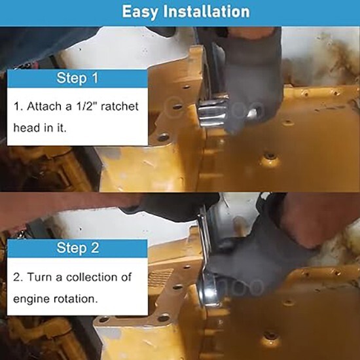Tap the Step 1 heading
tap(77, 79)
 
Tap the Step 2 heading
tap(77, 248)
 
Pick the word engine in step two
tap(31, 298)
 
